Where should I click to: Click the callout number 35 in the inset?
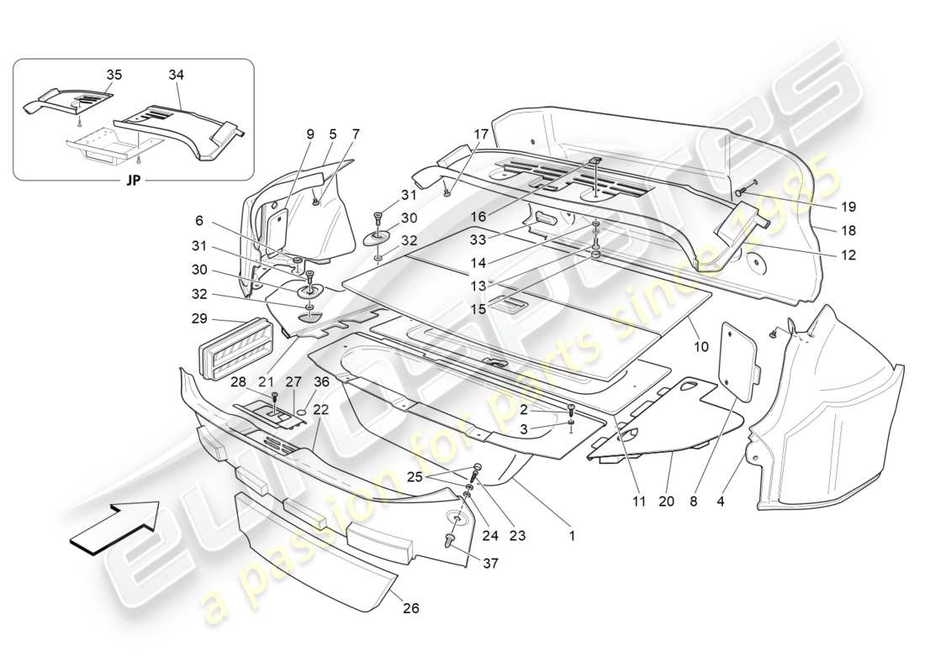tap(114, 75)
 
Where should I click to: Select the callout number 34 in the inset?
tap(175, 75)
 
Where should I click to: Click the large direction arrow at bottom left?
tap(114, 526)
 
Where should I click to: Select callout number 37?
tap(490, 564)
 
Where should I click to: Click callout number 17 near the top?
tap(480, 134)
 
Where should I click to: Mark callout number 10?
tap(700, 346)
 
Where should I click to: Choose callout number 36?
tap(321, 382)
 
